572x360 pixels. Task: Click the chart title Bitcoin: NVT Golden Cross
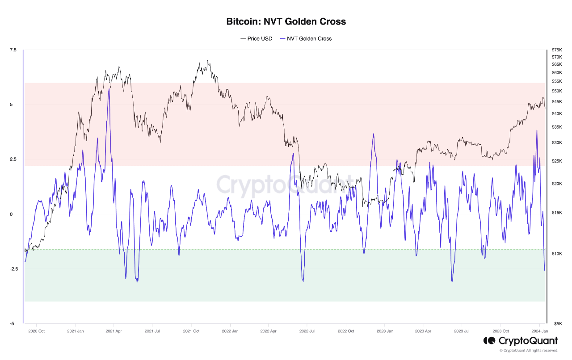(286, 21)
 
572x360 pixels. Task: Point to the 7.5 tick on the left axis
(13, 50)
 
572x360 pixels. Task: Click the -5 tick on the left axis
(13, 323)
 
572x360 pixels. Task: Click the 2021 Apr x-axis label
(114, 331)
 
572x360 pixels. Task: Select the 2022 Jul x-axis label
(307, 331)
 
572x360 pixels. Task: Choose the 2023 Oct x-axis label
(500, 331)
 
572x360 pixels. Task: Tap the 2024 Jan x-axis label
(539, 331)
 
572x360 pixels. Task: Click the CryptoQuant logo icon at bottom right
(488, 341)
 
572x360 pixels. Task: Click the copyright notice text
(529, 351)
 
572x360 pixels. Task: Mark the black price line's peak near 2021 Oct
(208, 61)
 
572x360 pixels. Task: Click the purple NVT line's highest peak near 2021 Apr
(109, 89)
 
